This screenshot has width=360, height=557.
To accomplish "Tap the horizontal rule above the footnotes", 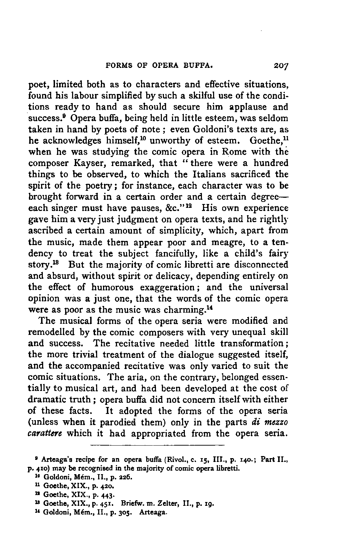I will point(157,445).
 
